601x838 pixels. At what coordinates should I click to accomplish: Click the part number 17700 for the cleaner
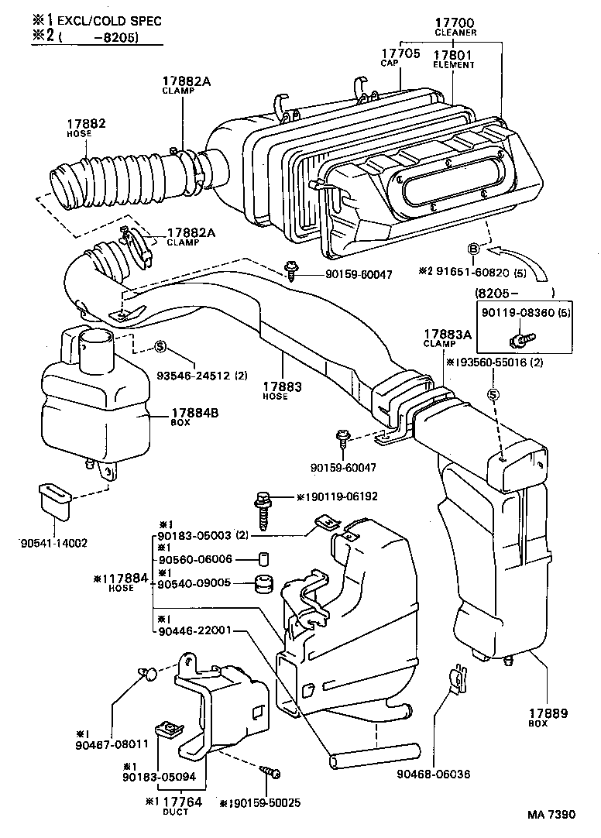click(x=455, y=23)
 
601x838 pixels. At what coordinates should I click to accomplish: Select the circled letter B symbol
click(x=472, y=249)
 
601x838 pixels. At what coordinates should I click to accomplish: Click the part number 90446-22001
click(x=194, y=630)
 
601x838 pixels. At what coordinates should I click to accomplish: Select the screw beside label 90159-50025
click(x=271, y=771)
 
